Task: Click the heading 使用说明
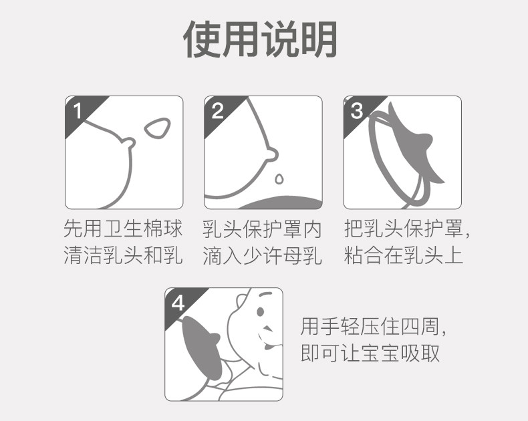coord(260,39)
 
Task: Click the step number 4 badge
coord(178,303)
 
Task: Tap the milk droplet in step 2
coord(279,178)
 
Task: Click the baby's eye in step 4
coord(260,311)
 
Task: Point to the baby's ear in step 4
coord(241,300)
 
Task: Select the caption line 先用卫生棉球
coord(123,229)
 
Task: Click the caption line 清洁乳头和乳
coord(123,255)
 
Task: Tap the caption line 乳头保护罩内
coord(262,229)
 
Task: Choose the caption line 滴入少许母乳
coord(262,255)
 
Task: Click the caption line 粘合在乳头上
coord(404,255)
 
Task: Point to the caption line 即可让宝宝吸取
coord(370,353)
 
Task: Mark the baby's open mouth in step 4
coord(269,346)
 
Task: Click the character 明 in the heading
coord(319,39)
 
